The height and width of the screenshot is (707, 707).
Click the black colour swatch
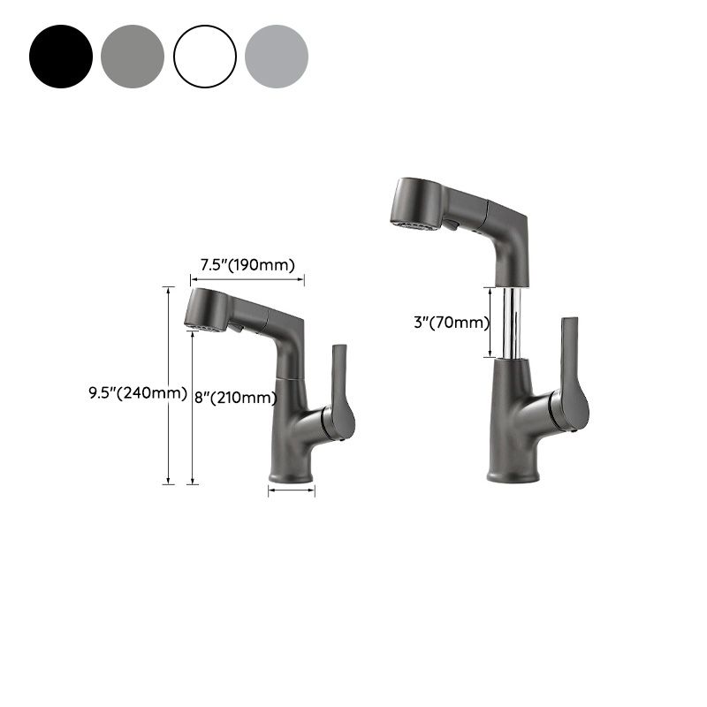pyautogui.click(x=61, y=57)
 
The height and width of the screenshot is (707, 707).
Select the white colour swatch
pyautogui.click(x=205, y=57)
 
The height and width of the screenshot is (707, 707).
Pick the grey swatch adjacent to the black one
pyautogui.click(x=133, y=57)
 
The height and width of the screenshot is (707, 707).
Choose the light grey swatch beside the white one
pyautogui.click(x=277, y=57)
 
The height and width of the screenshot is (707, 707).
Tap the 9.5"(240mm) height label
pyautogui.click(x=137, y=393)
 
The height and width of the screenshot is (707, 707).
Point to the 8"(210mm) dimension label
pyautogui.click(x=235, y=398)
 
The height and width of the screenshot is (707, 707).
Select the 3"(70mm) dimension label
pyautogui.click(x=451, y=323)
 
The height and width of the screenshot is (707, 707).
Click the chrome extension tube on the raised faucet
pyautogui.click(x=510, y=322)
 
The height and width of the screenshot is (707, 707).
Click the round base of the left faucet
pyautogui.click(x=291, y=475)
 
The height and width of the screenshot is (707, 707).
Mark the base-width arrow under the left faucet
pyautogui.click(x=291, y=493)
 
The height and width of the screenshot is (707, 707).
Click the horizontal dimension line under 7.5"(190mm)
pyautogui.click(x=247, y=279)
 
